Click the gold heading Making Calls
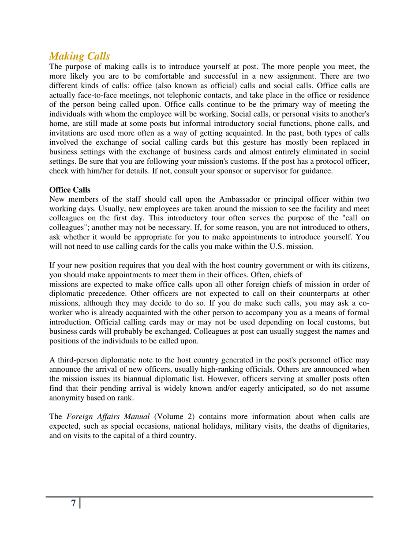tap(79, 56)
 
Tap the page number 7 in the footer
tap(74, 503)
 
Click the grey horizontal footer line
tap(229, 497)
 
